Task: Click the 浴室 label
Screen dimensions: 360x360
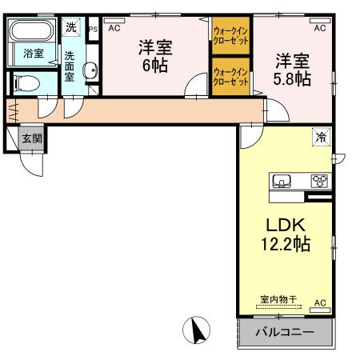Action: [x=33, y=54]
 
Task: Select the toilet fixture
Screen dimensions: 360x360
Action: [x=29, y=82]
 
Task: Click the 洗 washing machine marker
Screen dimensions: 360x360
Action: [x=71, y=27]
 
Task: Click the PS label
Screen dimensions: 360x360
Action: [x=93, y=28]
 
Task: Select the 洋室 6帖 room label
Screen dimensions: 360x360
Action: [x=155, y=56]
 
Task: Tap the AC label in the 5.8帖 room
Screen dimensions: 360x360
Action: [x=319, y=28]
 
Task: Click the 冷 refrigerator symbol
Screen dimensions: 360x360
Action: [x=320, y=137]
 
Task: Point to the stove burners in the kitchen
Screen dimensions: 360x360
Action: [x=319, y=180]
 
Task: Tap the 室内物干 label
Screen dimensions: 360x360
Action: [x=278, y=299]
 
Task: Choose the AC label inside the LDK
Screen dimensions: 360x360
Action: [x=319, y=303]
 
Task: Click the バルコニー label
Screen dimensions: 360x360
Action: [x=284, y=330]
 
